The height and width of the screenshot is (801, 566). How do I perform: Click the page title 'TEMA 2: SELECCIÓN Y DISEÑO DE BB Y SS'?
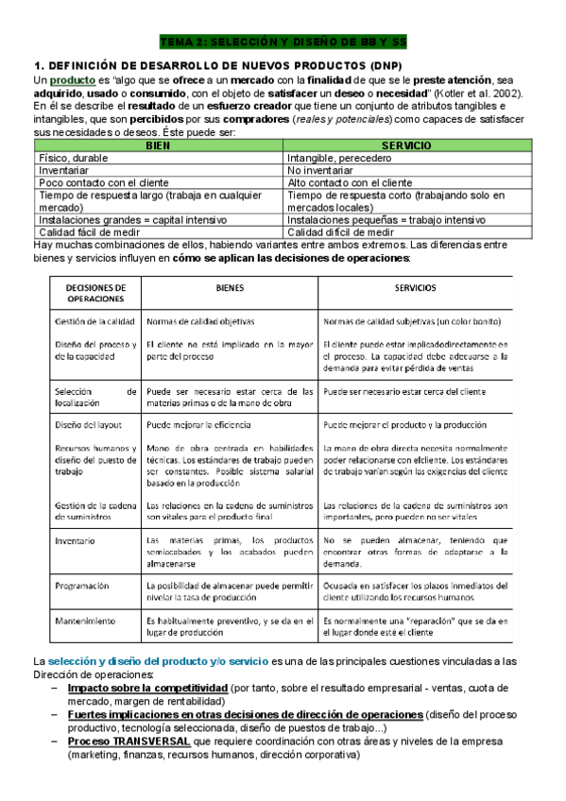(283, 43)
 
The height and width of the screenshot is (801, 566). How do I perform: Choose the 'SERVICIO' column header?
(406, 145)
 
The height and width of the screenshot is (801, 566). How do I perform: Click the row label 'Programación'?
(82, 586)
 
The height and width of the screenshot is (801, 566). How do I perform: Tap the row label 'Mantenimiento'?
(84, 621)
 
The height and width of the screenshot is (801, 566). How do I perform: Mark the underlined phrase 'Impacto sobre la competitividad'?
(147, 689)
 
